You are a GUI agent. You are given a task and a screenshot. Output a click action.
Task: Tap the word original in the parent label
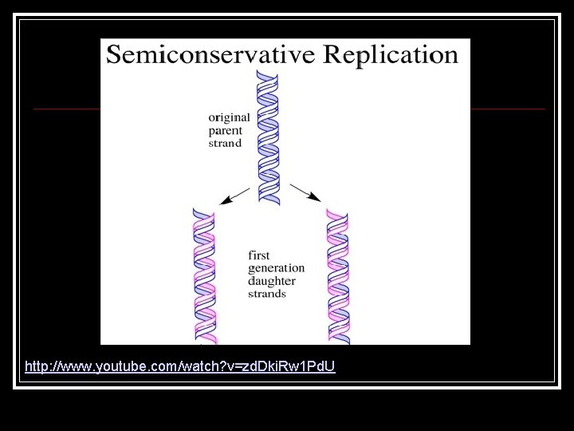(230, 117)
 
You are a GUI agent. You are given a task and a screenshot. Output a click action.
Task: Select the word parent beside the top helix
(226, 131)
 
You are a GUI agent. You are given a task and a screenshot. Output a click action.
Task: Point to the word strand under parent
(225, 144)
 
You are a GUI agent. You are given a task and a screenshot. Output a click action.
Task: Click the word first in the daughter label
(259, 255)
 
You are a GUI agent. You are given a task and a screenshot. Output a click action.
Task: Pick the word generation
(277, 269)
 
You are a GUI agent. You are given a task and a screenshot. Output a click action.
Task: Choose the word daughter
(272, 281)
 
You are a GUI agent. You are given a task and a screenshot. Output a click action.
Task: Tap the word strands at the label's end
(267, 294)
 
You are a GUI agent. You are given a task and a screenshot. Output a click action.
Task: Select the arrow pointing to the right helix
(305, 192)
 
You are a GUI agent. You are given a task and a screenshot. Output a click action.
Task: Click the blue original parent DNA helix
(267, 136)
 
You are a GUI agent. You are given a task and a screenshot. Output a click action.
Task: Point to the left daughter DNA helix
(205, 275)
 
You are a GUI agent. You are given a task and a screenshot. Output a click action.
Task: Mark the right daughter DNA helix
(338, 275)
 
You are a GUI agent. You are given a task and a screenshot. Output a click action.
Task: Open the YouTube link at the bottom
(180, 367)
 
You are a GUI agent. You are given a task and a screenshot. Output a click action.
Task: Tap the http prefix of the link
(36, 367)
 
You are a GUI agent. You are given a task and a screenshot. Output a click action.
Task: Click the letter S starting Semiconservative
(115, 54)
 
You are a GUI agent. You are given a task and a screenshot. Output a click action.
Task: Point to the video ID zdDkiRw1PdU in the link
(299, 367)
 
